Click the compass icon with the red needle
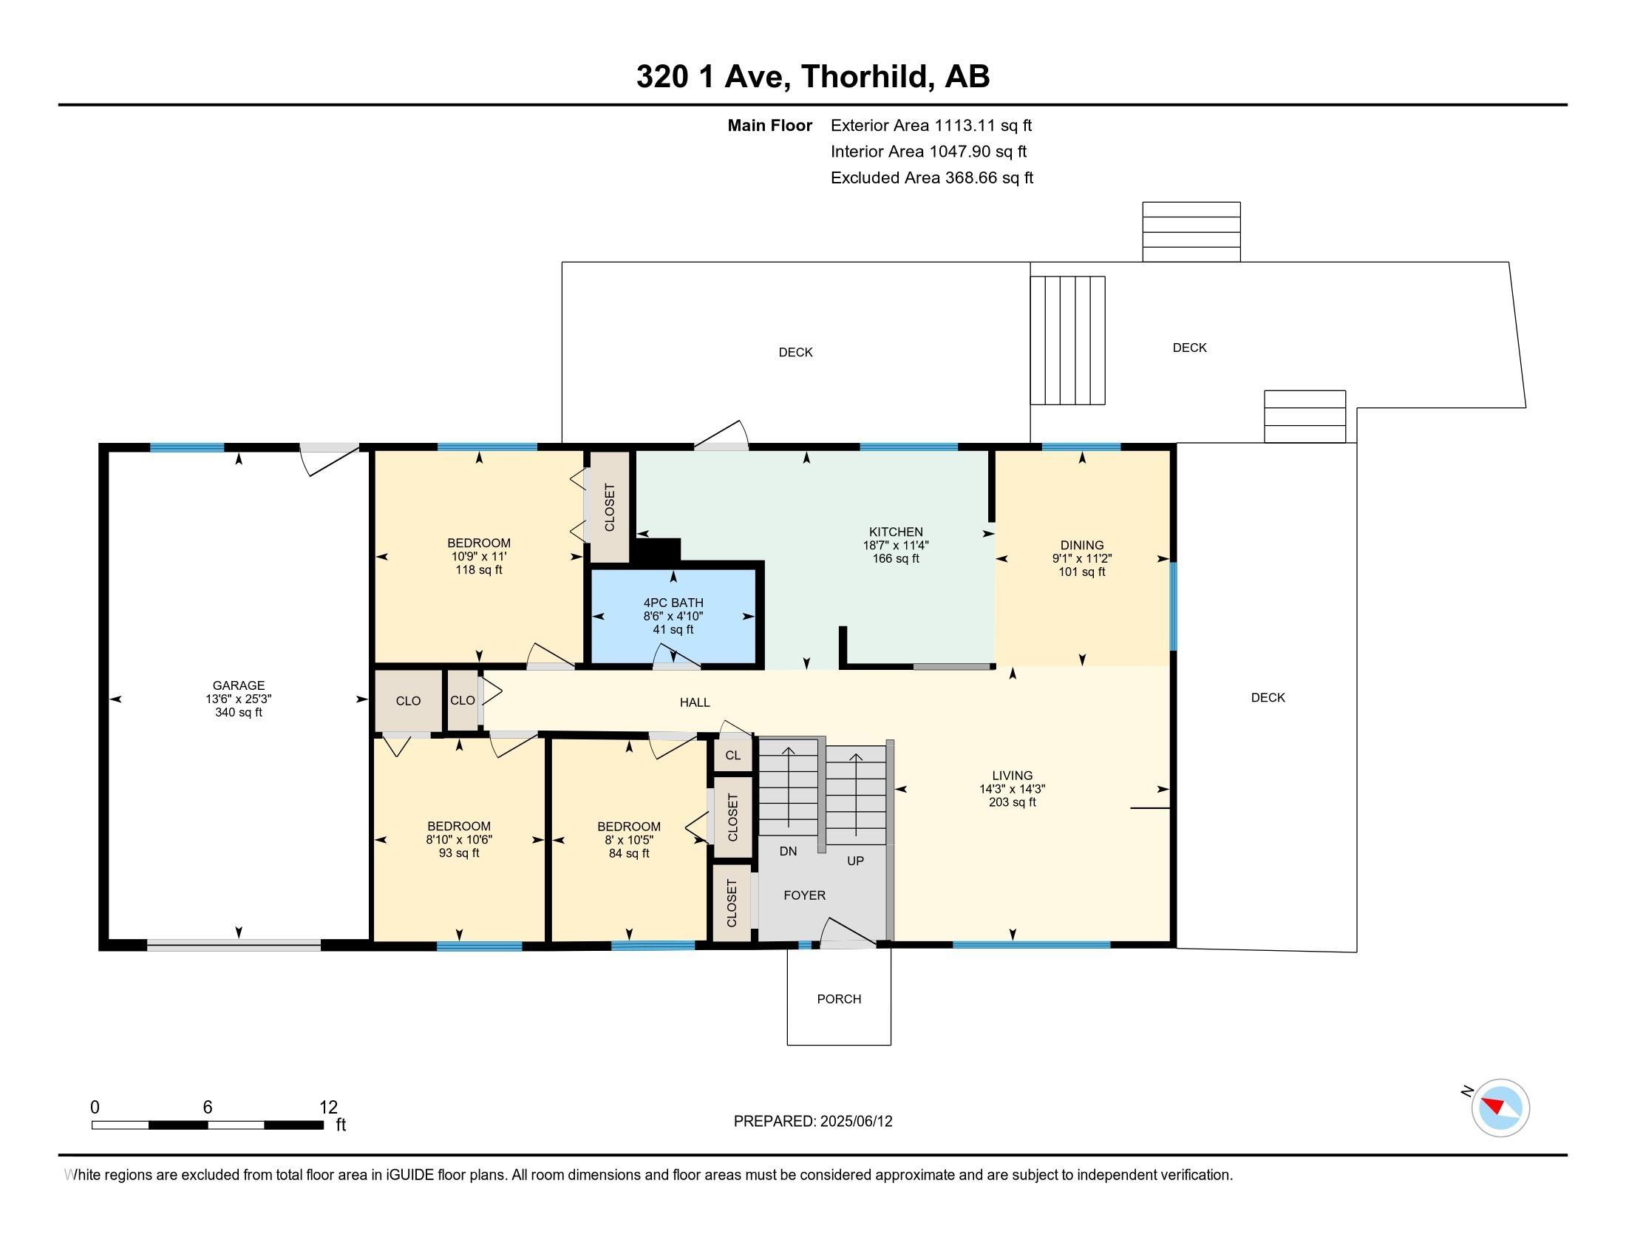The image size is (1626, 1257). (x=1500, y=1108)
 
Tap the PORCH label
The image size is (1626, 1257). (x=839, y=999)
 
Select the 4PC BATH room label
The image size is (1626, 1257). (x=673, y=603)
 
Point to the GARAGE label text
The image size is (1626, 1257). (x=238, y=685)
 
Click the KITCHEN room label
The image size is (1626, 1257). (x=896, y=532)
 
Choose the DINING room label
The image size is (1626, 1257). (x=1082, y=545)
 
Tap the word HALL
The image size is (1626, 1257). (x=695, y=702)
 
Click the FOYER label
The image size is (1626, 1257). (x=804, y=895)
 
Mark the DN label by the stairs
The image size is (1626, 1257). (x=789, y=851)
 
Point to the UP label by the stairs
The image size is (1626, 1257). (x=855, y=861)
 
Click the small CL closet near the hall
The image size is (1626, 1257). (x=733, y=754)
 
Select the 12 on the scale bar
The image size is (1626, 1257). (x=328, y=1108)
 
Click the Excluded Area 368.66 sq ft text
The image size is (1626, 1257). (x=932, y=178)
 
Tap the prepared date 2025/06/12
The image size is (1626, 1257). (x=855, y=1122)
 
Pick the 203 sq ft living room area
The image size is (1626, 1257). (x=1013, y=802)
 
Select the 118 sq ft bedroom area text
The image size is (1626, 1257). (x=479, y=569)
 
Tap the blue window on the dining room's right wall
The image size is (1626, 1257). (x=1174, y=606)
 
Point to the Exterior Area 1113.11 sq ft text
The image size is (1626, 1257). (x=931, y=126)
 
